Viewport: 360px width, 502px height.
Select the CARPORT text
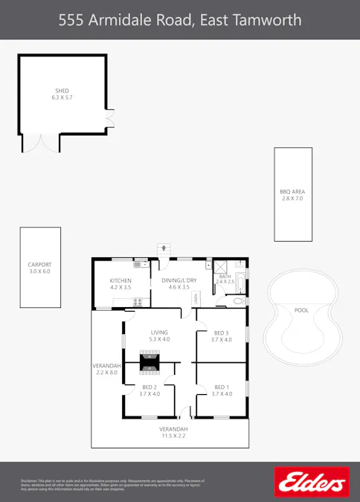41,264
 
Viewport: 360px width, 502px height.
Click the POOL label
301,310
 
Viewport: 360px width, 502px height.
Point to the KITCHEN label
120,280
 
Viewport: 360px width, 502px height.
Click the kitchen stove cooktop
137,301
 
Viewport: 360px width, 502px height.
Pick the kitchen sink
138,264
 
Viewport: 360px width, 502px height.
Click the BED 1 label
222,387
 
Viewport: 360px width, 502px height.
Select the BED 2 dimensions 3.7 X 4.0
150,394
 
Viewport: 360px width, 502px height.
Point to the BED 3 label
222,332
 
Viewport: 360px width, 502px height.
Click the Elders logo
312,482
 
